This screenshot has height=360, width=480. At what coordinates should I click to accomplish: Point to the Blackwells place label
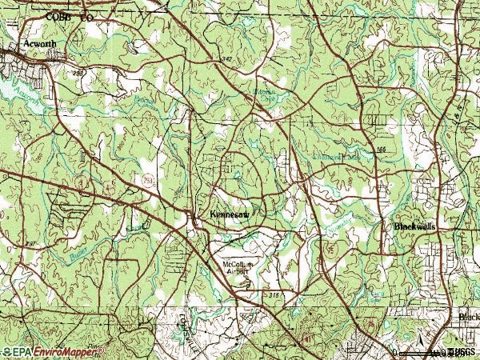[415, 227]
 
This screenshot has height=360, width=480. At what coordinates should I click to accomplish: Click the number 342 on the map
[226, 59]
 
